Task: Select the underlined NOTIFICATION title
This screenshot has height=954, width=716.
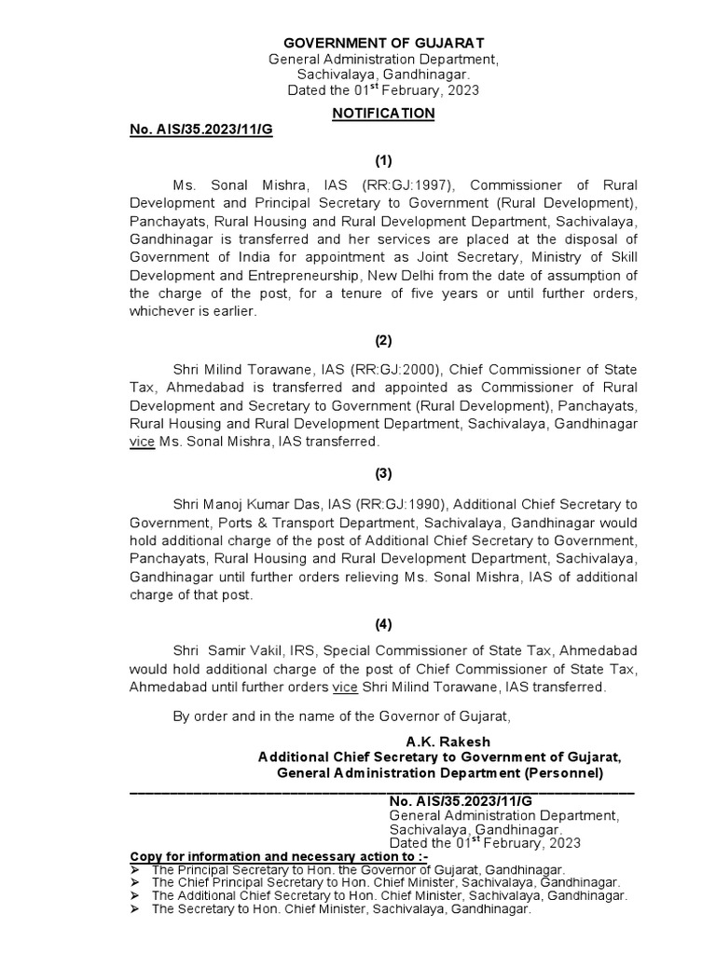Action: pyautogui.click(x=383, y=113)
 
